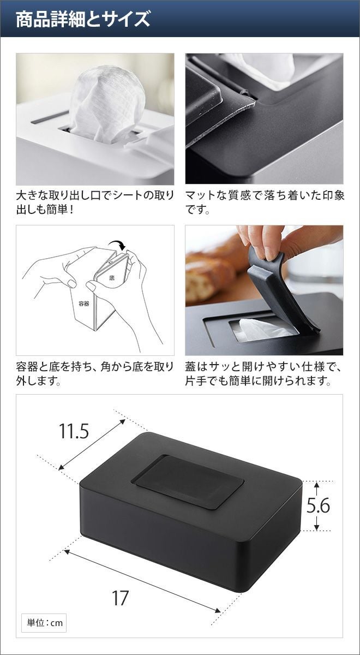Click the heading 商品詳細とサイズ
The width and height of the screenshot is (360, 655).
pos(83,19)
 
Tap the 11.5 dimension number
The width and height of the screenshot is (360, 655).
pos(74,431)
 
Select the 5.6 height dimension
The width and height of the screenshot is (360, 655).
pos(318,506)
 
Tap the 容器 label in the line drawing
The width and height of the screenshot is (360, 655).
pos(83,303)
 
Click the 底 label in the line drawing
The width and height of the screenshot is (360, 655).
pos(112,277)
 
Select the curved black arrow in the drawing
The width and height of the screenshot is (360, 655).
pos(117,245)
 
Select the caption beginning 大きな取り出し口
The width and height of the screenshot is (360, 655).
pos(95,203)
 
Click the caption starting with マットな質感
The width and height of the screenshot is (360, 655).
pos(265,203)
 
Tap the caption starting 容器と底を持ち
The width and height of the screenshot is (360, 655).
pos(95,374)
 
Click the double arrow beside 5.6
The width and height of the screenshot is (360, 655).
pos(316,505)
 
